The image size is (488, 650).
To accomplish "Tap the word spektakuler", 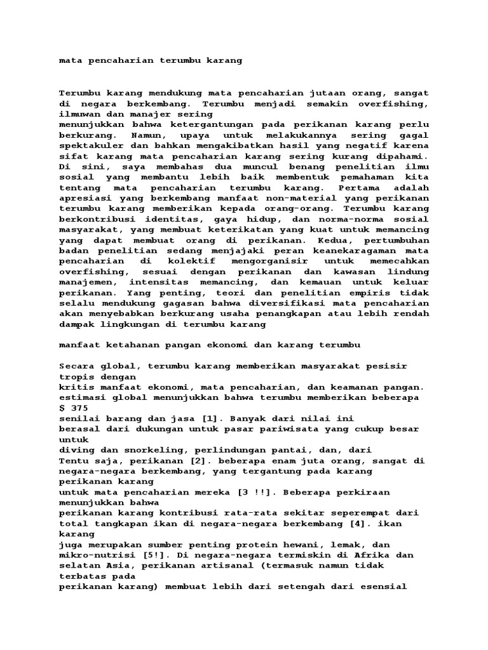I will pos(88,146).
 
